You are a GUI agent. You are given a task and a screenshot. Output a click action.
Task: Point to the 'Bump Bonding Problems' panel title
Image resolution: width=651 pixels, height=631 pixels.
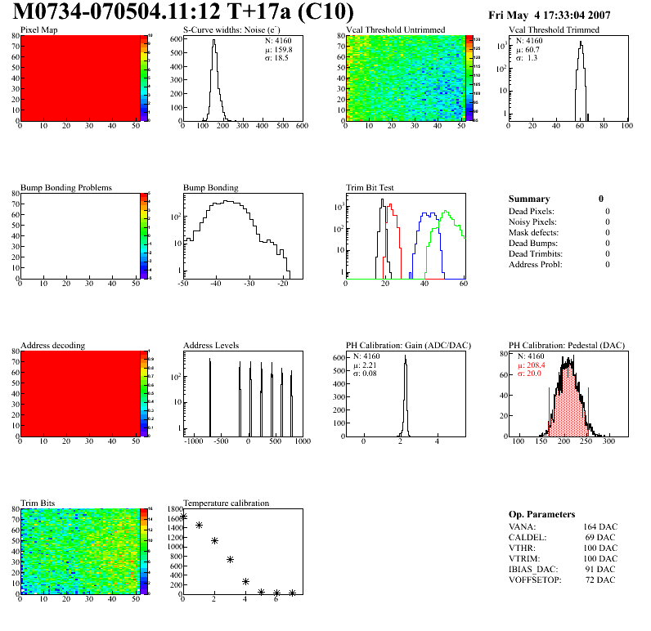click(66, 187)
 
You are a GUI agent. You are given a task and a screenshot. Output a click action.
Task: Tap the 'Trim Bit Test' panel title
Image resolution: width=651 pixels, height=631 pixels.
click(370, 187)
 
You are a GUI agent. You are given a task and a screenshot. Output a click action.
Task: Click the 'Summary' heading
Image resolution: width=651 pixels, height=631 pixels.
click(529, 199)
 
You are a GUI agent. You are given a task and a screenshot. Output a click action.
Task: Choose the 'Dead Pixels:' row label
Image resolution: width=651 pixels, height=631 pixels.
click(532, 212)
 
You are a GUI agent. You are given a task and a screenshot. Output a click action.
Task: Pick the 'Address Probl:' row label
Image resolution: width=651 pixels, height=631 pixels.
click(536, 265)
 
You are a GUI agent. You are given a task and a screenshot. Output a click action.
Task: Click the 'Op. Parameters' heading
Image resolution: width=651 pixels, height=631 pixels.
click(541, 514)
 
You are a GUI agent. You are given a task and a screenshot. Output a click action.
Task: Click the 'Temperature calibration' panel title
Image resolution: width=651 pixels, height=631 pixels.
click(226, 503)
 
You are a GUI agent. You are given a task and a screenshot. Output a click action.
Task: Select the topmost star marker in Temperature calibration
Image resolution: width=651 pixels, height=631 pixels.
click(183, 517)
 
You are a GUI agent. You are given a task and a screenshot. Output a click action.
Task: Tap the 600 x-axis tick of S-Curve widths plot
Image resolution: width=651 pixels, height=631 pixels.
click(302, 126)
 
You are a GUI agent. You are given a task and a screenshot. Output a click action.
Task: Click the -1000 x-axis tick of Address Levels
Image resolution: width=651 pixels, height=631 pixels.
click(194, 441)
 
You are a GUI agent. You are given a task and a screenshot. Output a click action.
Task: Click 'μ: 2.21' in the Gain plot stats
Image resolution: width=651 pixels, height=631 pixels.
click(367, 365)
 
